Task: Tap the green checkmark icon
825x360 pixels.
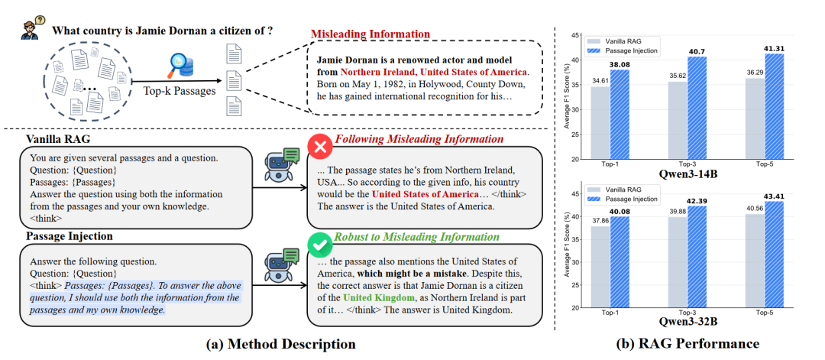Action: click(x=317, y=242)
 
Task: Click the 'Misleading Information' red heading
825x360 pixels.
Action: click(x=370, y=34)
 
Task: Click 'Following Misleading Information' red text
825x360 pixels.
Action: click(x=419, y=139)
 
